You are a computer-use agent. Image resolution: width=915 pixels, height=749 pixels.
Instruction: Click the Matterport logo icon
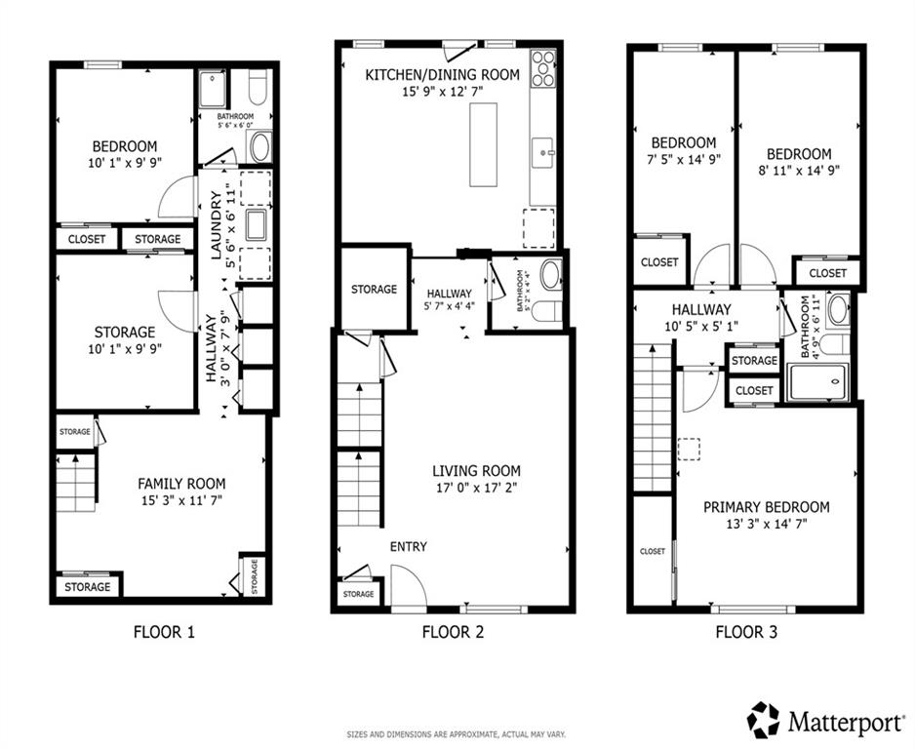coord(764,720)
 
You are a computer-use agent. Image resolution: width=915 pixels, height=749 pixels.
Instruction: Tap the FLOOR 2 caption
coord(453,632)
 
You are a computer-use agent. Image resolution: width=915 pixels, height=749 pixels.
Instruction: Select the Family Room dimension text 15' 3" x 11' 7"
coord(181,500)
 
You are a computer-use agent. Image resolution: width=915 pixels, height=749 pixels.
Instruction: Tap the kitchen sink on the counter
coord(541,151)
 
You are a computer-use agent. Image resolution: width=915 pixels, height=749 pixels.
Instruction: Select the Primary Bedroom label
coord(766,507)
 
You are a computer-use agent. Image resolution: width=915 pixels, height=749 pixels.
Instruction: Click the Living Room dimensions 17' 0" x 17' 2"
coord(476,488)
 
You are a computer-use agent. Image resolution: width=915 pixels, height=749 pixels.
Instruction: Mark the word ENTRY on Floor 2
coord(408,547)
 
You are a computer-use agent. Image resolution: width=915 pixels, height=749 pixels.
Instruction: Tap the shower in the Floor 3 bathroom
coord(821,381)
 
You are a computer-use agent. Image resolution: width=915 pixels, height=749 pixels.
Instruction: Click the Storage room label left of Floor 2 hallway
coord(374,290)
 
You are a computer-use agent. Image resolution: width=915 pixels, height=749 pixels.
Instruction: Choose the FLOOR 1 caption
coord(164,632)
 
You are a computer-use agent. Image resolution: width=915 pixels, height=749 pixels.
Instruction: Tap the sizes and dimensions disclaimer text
coord(457,734)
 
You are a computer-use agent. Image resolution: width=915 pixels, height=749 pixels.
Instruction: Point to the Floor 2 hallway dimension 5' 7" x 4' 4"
coord(449,309)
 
